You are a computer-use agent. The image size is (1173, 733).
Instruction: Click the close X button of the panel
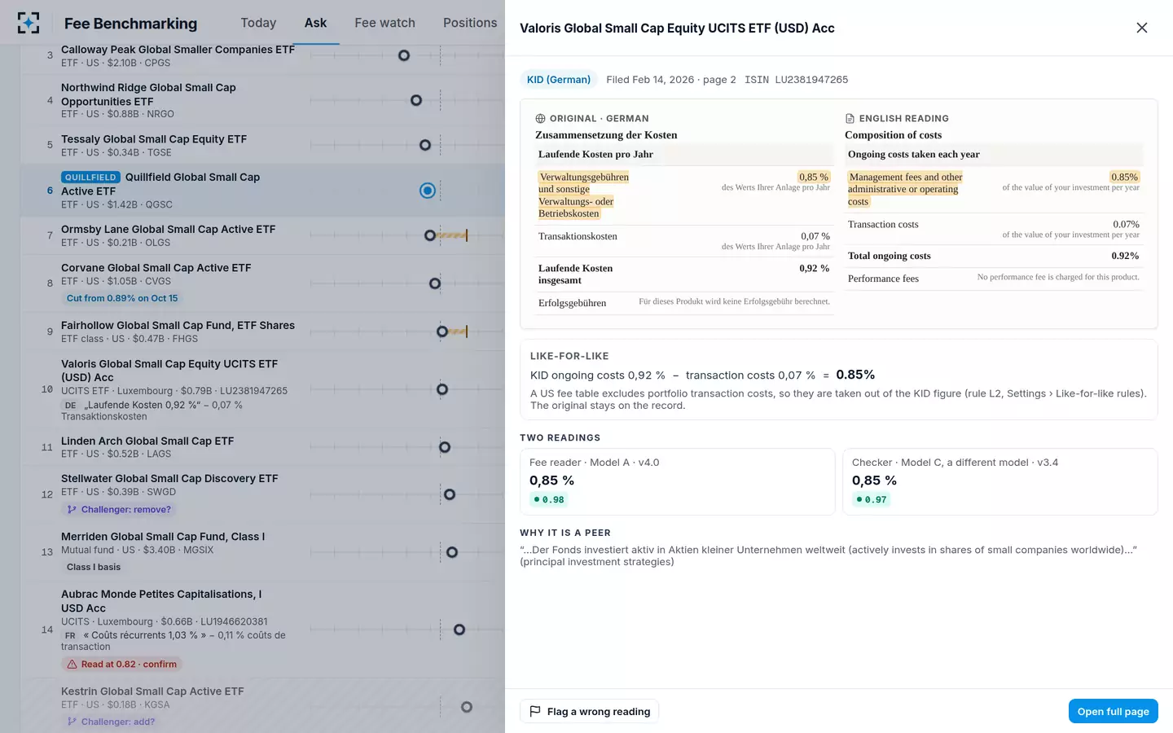1141,28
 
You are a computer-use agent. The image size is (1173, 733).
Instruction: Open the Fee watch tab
384,23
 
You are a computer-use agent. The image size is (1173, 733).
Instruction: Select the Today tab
258,23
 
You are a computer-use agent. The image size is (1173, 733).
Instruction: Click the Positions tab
470,23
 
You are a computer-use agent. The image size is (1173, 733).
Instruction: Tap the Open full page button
1113,711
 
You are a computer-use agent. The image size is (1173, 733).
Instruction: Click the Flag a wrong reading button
589,711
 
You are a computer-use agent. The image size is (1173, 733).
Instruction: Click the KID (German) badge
558,80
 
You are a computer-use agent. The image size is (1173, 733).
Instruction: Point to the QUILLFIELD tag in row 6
90,177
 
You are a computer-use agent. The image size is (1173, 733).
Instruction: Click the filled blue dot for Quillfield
428,191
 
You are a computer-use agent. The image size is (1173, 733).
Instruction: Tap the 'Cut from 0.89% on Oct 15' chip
122,298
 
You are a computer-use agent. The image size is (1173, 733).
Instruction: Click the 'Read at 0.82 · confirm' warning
122,664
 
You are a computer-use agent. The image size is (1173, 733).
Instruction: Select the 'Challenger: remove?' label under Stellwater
120,510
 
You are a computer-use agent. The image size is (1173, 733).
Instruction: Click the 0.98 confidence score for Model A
548,499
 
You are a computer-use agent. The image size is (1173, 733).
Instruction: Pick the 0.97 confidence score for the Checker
871,499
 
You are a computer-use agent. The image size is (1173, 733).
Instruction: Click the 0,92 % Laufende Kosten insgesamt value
815,269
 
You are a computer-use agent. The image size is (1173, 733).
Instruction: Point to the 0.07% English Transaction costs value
1126,224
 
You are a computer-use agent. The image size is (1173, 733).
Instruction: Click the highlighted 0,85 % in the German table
813,177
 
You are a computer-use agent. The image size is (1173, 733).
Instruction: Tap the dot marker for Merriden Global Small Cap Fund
452,552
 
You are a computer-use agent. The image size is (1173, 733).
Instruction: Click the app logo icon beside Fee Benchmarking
29,23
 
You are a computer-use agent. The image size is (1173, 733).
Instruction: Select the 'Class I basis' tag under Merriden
93,567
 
